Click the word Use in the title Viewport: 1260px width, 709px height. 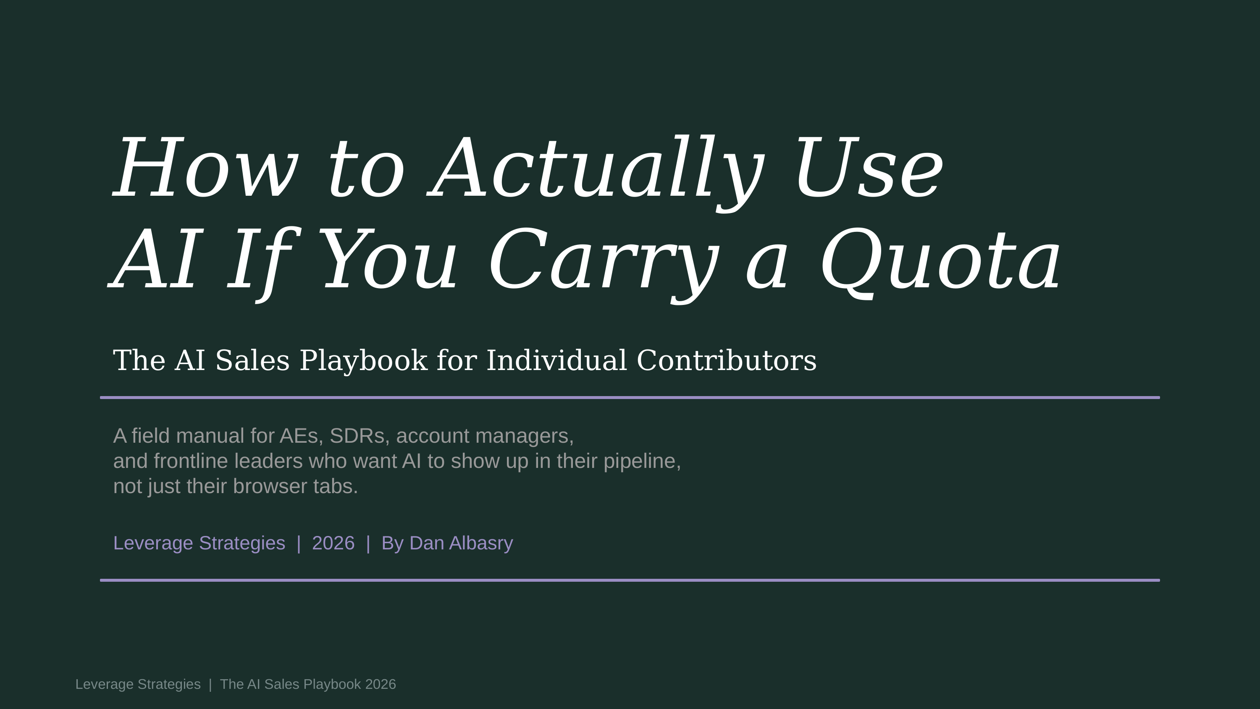pyautogui.click(x=869, y=169)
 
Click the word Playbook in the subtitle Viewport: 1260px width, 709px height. pyautogui.click(x=363, y=361)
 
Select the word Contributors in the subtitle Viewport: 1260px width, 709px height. pyautogui.click(x=726, y=361)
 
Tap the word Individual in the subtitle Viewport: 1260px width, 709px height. pyautogui.click(x=556, y=361)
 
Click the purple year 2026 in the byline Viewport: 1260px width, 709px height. pyautogui.click(x=333, y=543)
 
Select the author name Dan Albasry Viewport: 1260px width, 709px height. pyautogui.click(x=461, y=543)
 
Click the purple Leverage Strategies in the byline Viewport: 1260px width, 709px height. pyautogui.click(x=199, y=543)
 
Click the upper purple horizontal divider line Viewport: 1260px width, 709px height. pyautogui.click(x=630, y=397)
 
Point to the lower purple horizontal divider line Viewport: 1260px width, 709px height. pyautogui.click(x=630, y=580)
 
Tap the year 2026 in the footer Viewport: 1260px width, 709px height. pyautogui.click(x=381, y=684)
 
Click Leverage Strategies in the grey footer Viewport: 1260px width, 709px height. pyautogui.click(x=138, y=684)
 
